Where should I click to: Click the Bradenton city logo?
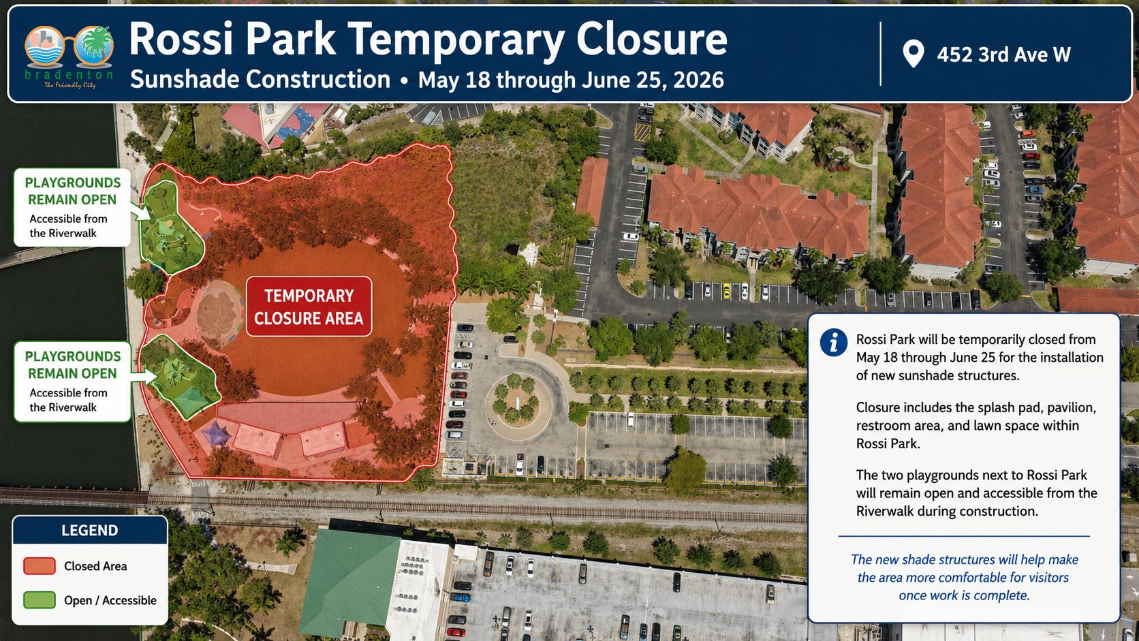[69, 56]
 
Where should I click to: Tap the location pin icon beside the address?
[914, 53]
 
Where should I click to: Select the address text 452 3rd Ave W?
[1003, 54]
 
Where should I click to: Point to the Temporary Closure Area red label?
[309, 307]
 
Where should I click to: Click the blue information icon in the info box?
[833, 342]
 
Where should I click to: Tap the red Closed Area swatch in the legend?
[40, 566]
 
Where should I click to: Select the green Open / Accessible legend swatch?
[40, 600]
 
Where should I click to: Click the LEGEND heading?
[89, 530]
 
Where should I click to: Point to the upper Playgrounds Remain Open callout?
[72, 207]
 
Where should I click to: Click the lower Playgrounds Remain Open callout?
[72, 381]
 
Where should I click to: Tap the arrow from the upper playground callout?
[141, 211]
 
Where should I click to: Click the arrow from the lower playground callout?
[144, 377]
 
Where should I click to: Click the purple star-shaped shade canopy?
[217, 434]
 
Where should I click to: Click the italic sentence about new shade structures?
[964, 578]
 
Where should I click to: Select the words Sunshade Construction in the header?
[260, 79]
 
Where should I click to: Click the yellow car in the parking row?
[727, 291]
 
